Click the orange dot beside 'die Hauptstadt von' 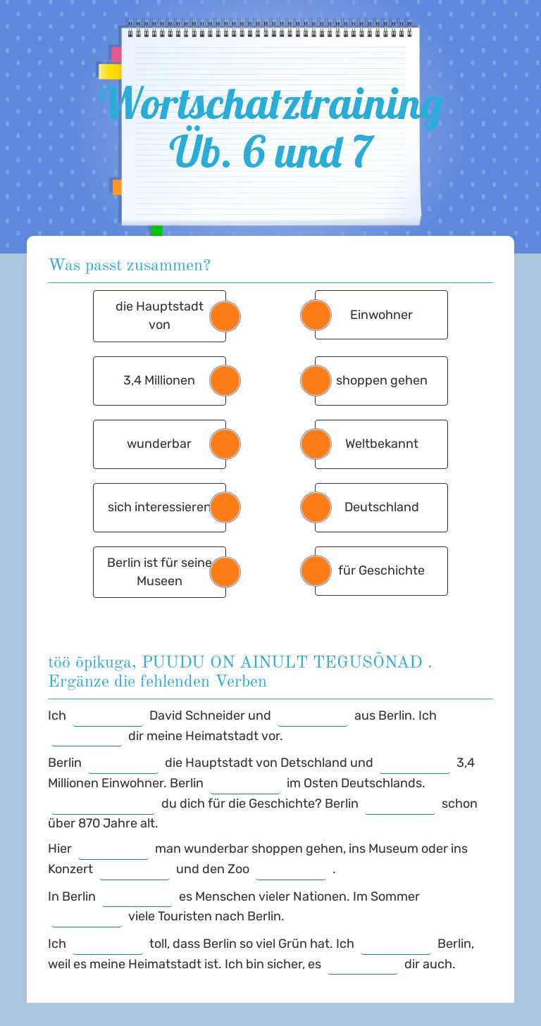pos(225,316)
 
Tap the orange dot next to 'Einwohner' pos(316,315)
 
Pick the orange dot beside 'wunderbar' pos(225,444)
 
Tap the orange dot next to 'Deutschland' pos(316,507)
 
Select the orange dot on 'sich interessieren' pos(225,507)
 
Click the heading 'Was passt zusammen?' pos(130,265)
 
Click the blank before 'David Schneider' pos(108,716)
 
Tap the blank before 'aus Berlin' pos(313,716)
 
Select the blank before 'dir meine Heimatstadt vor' pos(87,737)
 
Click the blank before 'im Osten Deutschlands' pos(245,784)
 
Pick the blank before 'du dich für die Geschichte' pos(103,804)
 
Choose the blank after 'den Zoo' pos(291,870)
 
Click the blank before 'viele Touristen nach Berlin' pos(87,917)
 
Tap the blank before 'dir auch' pos(363,965)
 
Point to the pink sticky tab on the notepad pos(116,54)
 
